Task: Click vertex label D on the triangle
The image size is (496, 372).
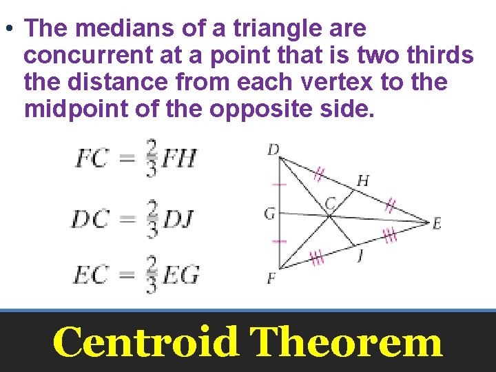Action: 273,149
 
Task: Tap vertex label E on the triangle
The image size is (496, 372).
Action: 436,223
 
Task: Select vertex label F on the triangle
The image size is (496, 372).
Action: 271,279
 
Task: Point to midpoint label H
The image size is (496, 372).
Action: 362,181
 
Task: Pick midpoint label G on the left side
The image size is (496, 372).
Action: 269,214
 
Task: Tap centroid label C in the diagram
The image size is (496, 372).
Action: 331,203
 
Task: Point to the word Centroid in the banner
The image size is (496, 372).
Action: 146,342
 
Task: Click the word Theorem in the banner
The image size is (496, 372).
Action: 346,342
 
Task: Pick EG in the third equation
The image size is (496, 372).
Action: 180,275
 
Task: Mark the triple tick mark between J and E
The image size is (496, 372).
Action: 390,236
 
